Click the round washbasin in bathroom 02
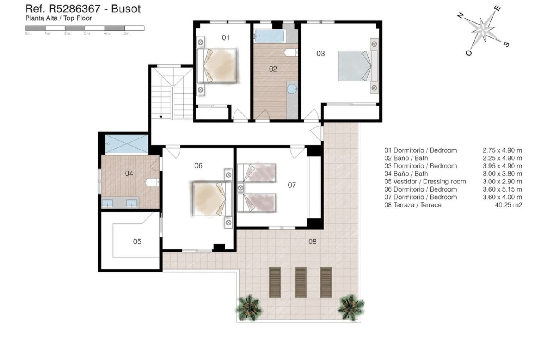click(x=292, y=89)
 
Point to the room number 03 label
click(x=320, y=54)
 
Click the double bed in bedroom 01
click(x=217, y=65)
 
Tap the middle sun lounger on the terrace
click(x=300, y=282)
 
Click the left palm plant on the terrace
click(x=249, y=307)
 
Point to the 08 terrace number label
click(x=312, y=242)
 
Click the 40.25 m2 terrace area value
click(x=508, y=205)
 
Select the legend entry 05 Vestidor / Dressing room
click(x=425, y=181)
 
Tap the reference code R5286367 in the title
click(x=75, y=9)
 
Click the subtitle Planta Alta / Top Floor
click(x=59, y=18)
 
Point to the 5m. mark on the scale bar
click(x=127, y=33)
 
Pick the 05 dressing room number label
click(x=137, y=242)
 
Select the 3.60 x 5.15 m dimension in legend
click(x=502, y=189)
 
